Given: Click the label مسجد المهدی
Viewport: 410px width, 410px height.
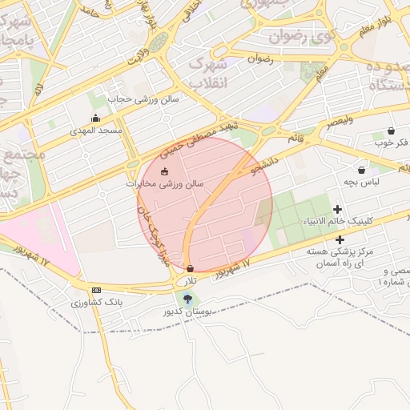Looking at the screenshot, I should point(95,131).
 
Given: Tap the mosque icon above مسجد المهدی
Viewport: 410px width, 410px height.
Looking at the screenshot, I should point(96,119).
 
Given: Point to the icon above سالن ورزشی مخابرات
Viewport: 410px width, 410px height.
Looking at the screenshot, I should point(165,171).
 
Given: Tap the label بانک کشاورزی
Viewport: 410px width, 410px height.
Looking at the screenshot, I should point(96,303).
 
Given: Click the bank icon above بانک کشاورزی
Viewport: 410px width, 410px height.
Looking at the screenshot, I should point(97,290).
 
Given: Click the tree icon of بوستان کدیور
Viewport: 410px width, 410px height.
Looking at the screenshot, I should point(187,299).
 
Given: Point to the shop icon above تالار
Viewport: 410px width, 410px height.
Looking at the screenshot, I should point(190,268).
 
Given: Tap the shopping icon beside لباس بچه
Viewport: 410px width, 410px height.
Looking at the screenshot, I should point(362,170).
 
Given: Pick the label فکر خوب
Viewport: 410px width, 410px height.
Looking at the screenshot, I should point(391,143).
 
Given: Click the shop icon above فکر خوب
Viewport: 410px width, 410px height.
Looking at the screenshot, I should point(391,131).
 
